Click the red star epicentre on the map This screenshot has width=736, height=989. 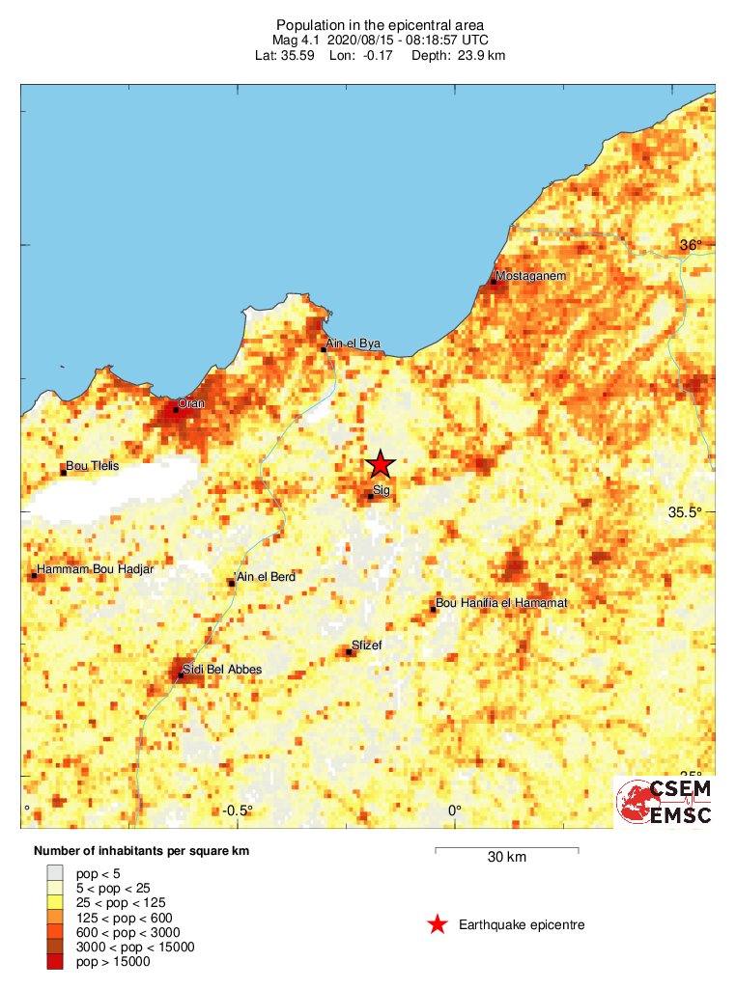coord(381,465)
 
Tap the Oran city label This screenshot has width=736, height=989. coord(191,403)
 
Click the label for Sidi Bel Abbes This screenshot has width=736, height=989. coord(222,669)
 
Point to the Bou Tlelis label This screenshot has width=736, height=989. coord(92,466)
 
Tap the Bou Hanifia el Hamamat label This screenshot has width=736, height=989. coord(501,603)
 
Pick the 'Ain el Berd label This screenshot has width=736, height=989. coord(266,576)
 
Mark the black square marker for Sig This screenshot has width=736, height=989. coord(370,497)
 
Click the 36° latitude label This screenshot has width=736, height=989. coord(690,245)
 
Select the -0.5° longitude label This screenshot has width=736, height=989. coord(238,810)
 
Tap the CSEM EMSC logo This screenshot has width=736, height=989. coord(665,802)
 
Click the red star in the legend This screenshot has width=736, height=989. coord(438,925)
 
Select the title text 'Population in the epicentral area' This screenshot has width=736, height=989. coord(380,24)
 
